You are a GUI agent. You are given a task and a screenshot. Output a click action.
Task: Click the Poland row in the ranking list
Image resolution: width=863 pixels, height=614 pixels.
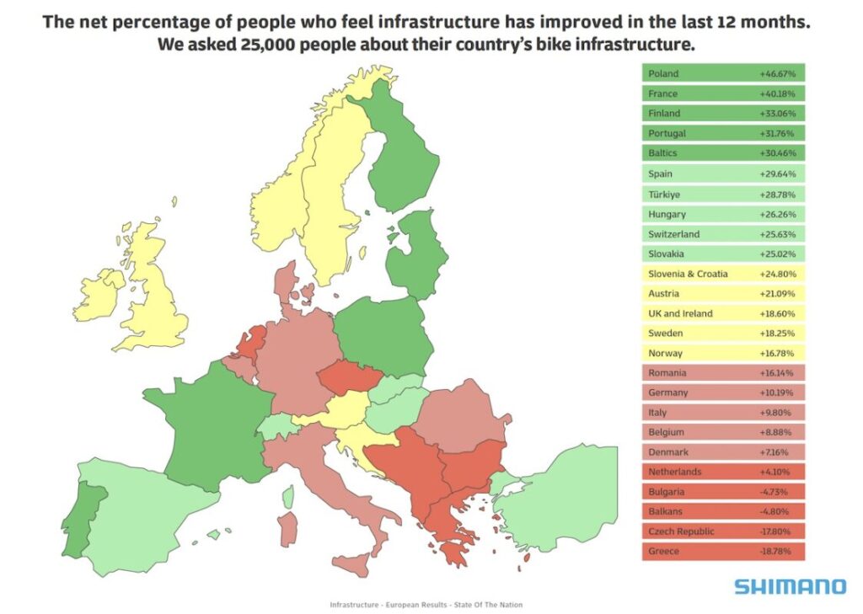click(x=723, y=73)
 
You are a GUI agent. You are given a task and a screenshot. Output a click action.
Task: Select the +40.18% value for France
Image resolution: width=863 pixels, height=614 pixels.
click(x=777, y=93)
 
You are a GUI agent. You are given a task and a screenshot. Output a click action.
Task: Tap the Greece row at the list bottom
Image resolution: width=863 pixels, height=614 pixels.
click(x=723, y=551)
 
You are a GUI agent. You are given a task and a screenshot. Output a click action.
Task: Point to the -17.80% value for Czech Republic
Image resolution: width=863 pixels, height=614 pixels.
click(x=775, y=531)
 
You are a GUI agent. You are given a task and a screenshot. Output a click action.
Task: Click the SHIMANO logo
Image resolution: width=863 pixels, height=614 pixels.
click(x=790, y=586)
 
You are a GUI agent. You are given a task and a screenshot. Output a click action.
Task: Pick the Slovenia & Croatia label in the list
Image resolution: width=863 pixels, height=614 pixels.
click(x=688, y=274)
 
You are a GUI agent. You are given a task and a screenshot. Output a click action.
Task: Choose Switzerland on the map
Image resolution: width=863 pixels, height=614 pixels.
click(x=275, y=426)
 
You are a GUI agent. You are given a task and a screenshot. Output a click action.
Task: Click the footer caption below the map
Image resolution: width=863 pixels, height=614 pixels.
click(x=426, y=605)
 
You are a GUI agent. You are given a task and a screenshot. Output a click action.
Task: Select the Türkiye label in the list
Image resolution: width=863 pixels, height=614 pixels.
click(x=664, y=195)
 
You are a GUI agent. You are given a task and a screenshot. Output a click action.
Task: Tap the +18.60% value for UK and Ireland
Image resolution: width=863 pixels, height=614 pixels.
click(x=777, y=313)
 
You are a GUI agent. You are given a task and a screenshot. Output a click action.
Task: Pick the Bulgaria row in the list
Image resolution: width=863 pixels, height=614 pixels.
click(x=723, y=491)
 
